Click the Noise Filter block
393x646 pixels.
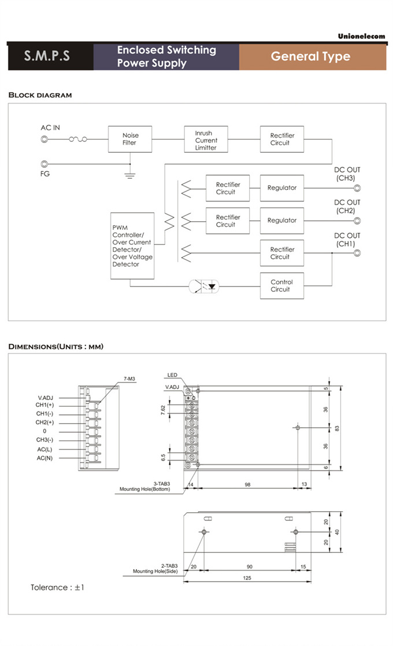point(129,140)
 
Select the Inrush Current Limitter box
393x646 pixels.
point(206,140)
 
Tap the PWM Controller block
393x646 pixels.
point(132,246)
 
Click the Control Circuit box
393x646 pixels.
point(281,285)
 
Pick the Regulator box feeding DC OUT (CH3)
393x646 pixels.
point(282,188)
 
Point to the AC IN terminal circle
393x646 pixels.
point(44,140)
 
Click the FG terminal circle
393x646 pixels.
point(44,164)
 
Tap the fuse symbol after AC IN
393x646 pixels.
point(78,140)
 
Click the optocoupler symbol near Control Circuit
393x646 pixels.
point(206,285)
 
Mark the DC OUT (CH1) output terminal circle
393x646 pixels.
point(357,253)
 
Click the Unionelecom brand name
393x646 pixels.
point(361,36)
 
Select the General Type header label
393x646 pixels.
point(310,57)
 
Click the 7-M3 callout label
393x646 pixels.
point(129,379)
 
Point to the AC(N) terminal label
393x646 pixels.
point(45,458)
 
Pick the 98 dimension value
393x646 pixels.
point(247,484)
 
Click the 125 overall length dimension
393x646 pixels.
point(247,578)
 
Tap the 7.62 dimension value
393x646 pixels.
point(163,410)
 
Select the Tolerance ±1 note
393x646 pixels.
point(58,588)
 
